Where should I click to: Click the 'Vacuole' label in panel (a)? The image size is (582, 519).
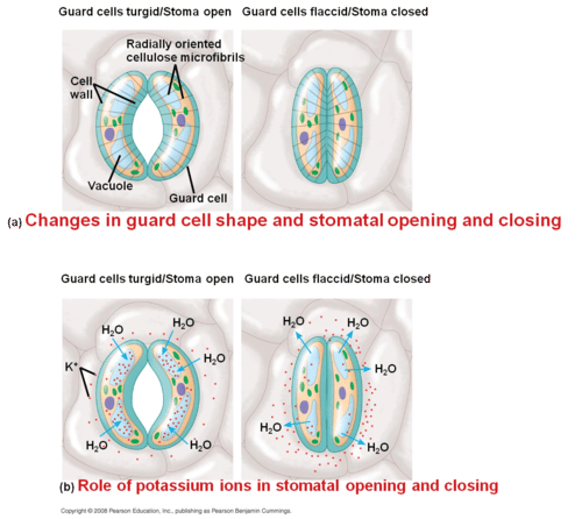pyautogui.click(x=110, y=186)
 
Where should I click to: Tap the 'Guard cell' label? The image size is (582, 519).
pyautogui.click(x=198, y=199)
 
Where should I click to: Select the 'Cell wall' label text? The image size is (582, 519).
pyautogui.click(x=82, y=88)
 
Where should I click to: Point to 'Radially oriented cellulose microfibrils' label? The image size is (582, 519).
pyautogui.click(x=185, y=51)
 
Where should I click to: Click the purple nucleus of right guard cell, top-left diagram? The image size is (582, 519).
pyautogui.click(x=181, y=120)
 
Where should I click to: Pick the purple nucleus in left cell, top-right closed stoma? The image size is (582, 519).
pyautogui.click(x=304, y=138)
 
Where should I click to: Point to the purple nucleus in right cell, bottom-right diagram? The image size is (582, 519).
pyautogui.click(x=343, y=393)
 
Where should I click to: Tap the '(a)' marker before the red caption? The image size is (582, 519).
pyautogui.click(x=14, y=222)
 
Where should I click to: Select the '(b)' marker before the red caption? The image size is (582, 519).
pyautogui.click(x=67, y=487)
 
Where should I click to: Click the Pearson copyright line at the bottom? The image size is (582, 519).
pyautogui.click(x=176, y=511)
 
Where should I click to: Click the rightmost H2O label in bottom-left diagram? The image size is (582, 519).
pyautogui.click(x=214, y=359)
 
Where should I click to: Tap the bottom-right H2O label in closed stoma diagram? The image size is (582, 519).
pyautogui.click(x=378, y=447)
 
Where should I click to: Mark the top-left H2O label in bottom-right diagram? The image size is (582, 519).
pyautogui.click(x=293, y=321)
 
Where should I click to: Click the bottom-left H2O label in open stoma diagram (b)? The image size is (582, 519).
pyautogui.click(x=96, y=445)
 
